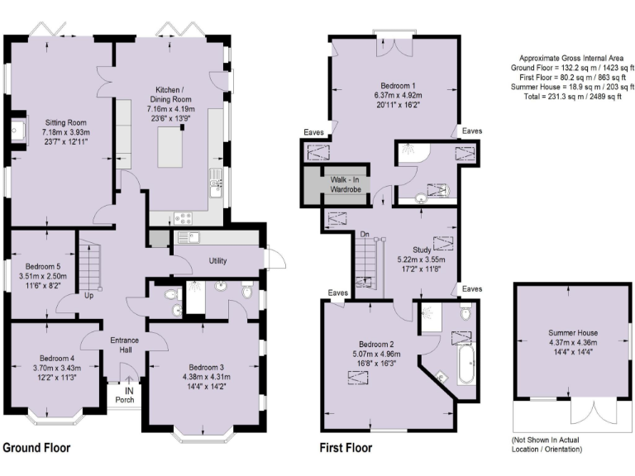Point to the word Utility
[217, 261]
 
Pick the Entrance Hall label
[124, 345]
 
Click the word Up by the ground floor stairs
[88, 294]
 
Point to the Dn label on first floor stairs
[364, 235]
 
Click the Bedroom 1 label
[398, 86]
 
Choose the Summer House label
[573, 333]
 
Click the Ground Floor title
[36, 448]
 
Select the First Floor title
[346, 448]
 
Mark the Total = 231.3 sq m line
[573, 98]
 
